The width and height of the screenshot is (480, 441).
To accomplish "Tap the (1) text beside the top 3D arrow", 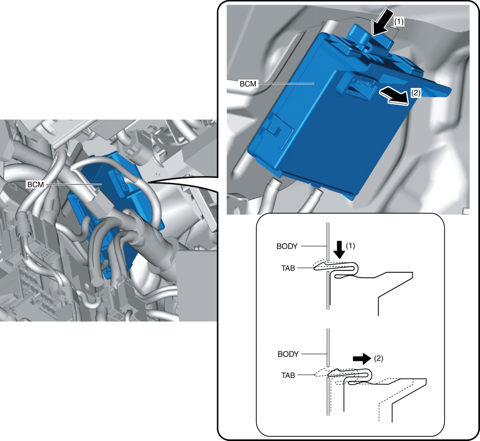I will (399, 21).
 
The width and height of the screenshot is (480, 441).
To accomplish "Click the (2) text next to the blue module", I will (416, 93).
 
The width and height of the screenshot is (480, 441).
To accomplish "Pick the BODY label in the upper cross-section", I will (289, 245).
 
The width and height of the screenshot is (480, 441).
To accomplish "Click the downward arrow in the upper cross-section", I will (340, 249).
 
